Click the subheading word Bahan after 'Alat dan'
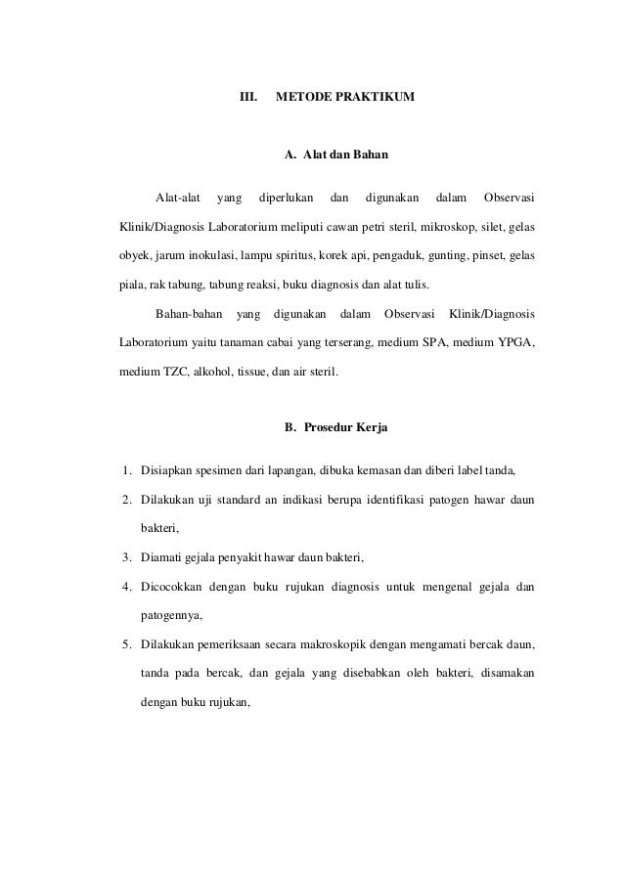[x=372, y=155]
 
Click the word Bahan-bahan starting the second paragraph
[x=190, y=315]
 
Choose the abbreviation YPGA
[x=513, y=342]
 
